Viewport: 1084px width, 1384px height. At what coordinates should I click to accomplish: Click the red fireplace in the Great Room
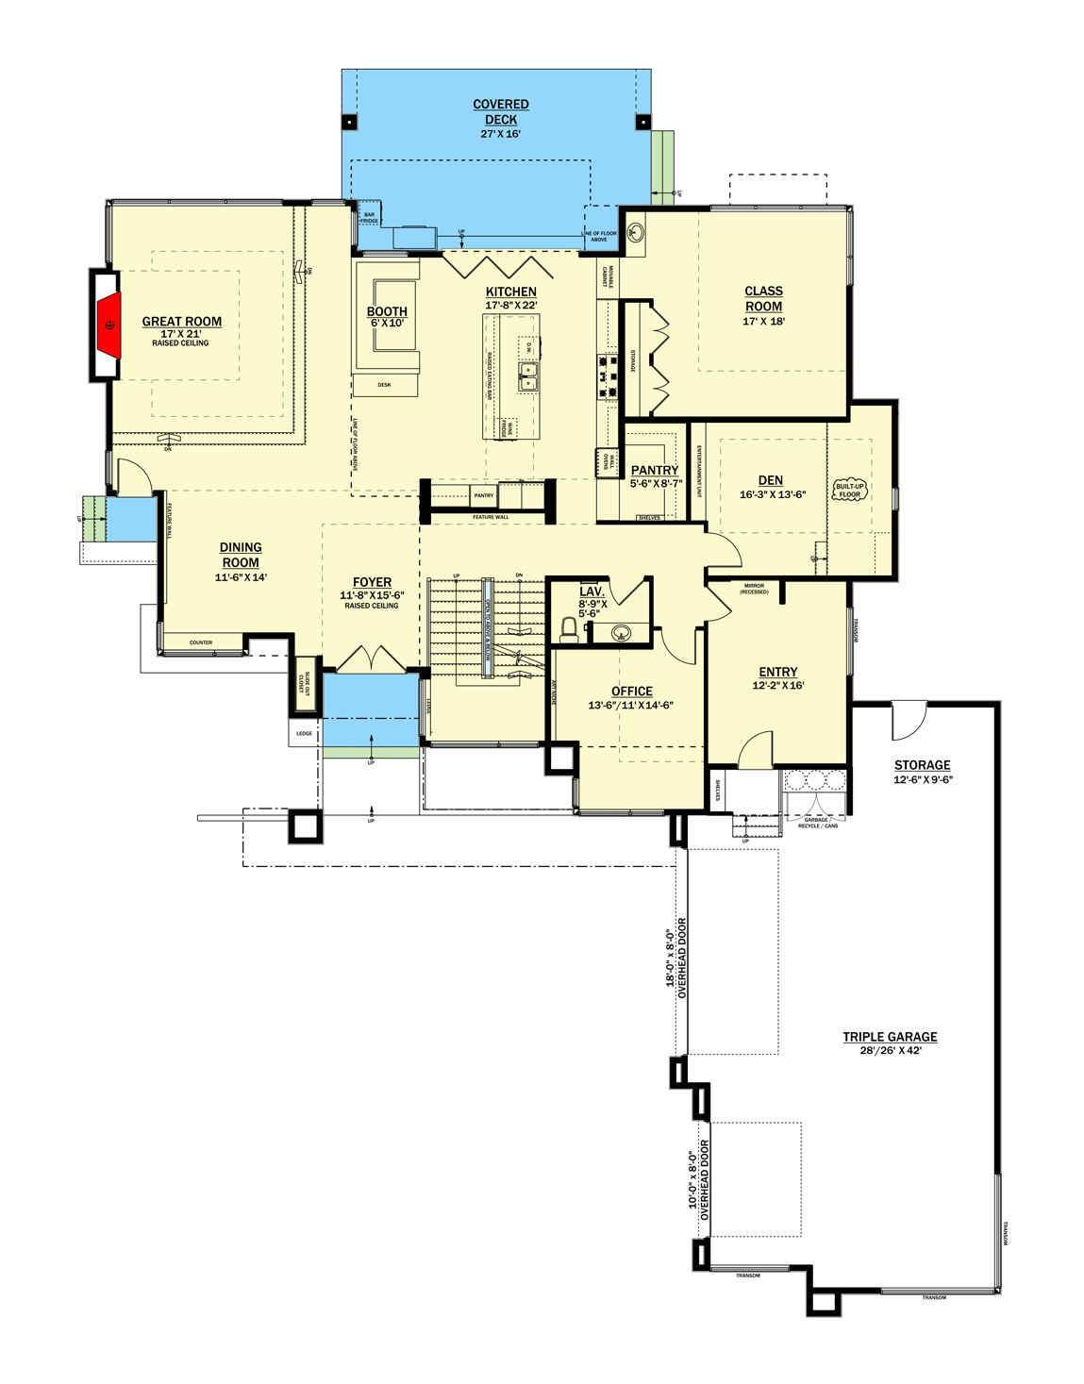(109, 325)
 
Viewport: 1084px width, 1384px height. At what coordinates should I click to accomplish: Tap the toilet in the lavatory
(569, 628)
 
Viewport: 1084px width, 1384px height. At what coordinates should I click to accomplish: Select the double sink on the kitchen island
(527, 376)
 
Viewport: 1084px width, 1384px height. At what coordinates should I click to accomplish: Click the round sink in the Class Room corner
(636, 231)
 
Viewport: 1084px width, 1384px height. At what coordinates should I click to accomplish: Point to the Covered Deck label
(501, 112)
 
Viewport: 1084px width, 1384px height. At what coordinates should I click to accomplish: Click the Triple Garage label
(890, 1037)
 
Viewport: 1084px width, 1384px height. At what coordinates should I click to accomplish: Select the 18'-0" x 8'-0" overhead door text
(676, 958)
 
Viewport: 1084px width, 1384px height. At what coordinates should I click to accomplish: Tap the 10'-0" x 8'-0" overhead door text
(699, 1179)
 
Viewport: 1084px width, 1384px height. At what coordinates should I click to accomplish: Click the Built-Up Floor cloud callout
(849, 491)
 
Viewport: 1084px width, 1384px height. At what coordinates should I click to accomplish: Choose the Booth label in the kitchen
(387, 311)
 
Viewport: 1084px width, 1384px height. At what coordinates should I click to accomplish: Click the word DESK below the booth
(384, 385)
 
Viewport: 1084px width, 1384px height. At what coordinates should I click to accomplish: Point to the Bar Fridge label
(369, 218)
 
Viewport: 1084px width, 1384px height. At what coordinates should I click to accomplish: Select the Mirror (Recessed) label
(754, 589)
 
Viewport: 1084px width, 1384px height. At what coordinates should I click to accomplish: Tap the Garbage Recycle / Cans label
(816, 823)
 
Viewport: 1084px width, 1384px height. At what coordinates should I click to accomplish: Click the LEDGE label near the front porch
(304, 733)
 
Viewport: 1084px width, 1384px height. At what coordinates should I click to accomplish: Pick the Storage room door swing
(909, 722)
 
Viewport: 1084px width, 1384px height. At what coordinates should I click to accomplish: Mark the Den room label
(770, 480)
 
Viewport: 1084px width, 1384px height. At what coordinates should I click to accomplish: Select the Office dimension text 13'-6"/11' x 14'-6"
(630, 706)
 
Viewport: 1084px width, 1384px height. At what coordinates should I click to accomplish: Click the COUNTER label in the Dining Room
(201, 642)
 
